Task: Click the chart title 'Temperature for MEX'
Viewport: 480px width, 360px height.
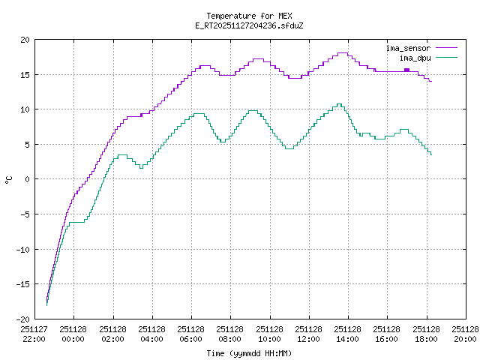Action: tap(248, 16)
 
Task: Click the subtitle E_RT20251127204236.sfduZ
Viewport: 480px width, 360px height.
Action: tap(248, 25)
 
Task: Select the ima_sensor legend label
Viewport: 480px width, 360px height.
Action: tap(408, 48)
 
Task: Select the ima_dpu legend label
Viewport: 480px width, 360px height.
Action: tap(415, 57)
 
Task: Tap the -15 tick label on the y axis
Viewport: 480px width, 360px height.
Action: tap(23, 283)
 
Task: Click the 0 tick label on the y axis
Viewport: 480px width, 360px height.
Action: tap(28, 179)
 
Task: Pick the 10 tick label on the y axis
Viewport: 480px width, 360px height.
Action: tap(25, 109)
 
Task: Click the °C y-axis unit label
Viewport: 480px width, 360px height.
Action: tap(8, 179)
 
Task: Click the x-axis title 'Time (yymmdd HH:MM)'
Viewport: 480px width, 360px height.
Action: tap(248, 353)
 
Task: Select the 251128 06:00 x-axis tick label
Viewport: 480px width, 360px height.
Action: tap(191, 333)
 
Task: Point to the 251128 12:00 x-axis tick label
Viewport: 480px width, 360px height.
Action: tap(309, 333)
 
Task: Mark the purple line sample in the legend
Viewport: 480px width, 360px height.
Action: tap(445, 48)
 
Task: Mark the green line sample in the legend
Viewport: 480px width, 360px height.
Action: tap(445, 57)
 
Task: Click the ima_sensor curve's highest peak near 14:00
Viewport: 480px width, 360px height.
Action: tap(343, 53)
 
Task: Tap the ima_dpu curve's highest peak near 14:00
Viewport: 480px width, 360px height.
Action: tap(339, 104)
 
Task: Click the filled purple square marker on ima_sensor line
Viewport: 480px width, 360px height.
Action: tap(406, 70)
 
